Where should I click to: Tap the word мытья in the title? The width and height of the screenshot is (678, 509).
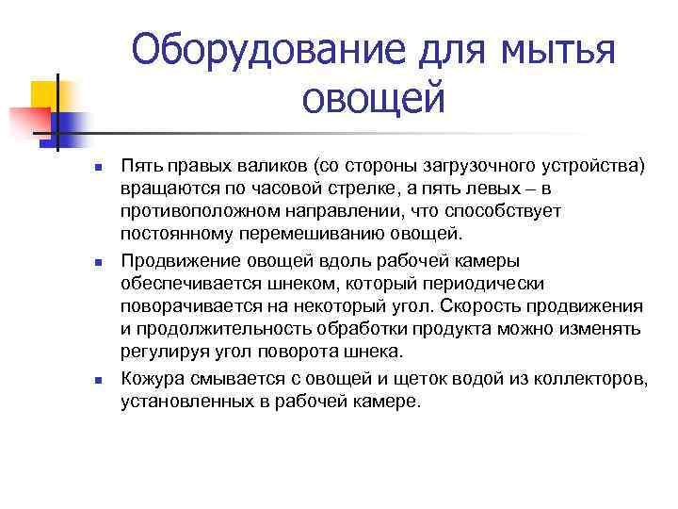pos(559,48)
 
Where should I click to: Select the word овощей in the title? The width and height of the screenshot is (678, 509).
pos(374,97)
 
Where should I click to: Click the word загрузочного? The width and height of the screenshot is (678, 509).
pos(488,166)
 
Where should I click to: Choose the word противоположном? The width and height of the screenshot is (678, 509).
pos(201,213)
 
